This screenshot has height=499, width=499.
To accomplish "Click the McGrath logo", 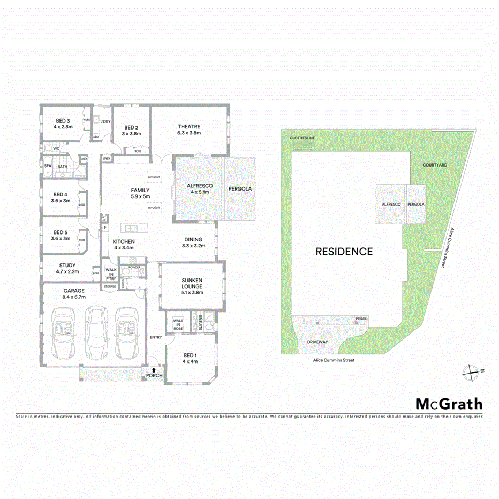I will [449, 404].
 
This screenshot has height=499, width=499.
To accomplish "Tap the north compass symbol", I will [470, 371].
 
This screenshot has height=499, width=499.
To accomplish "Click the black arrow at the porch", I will [154, 369].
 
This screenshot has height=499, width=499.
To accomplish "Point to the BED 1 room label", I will [190, 356].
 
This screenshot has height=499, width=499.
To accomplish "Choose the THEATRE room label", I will [189, 127].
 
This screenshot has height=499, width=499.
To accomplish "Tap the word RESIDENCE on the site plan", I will [344, 251].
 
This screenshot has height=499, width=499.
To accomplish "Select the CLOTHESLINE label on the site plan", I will [303, 138].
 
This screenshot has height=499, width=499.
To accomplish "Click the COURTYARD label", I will [434, 165].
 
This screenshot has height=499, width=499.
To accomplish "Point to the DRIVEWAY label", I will [317, 342].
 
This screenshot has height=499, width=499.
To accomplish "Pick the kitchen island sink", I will [131, 229].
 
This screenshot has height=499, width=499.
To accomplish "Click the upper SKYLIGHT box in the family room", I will [154, 177].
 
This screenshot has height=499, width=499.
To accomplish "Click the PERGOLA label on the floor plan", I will [240, 189].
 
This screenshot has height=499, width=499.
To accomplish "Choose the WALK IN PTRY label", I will [111, 274].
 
